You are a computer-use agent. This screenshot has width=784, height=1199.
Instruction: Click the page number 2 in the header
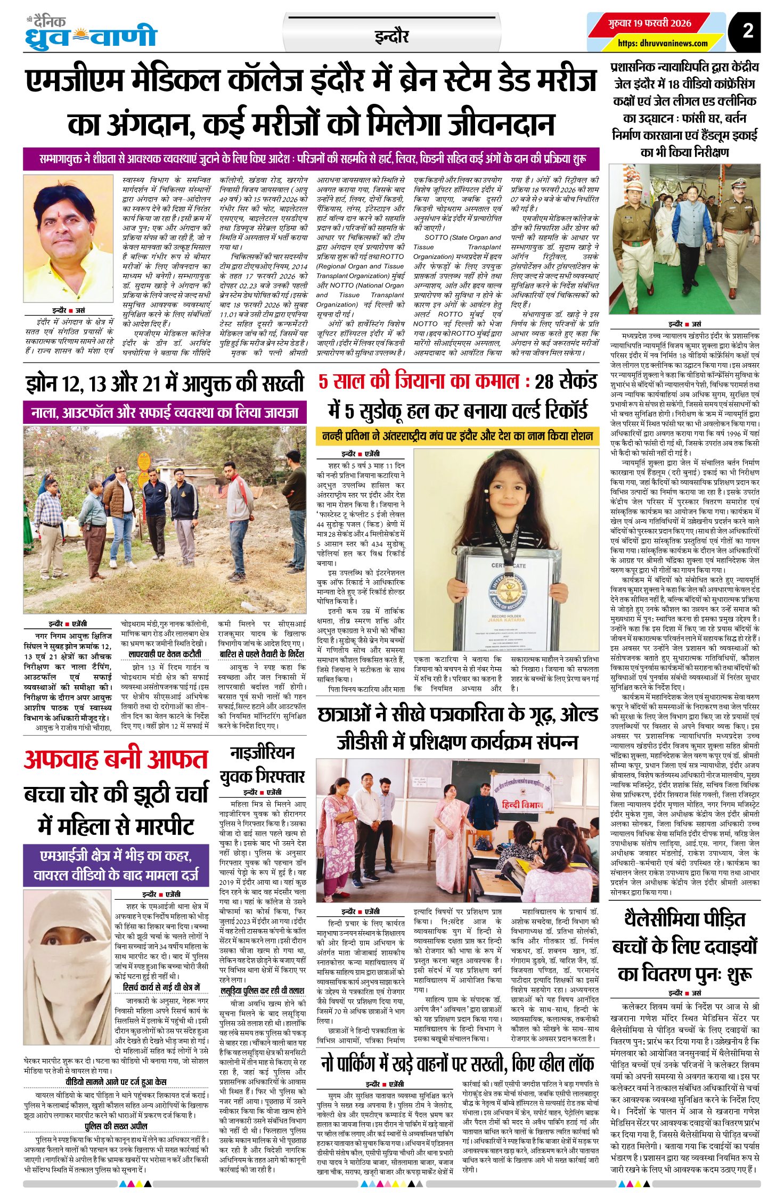[x=748, y=30]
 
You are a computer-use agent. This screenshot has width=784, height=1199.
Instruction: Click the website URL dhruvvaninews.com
[x=663, y=44]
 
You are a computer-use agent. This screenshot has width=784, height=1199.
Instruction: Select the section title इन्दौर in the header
[x=391, y=36]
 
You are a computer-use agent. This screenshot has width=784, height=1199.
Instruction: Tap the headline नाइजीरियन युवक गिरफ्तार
[x=263, y=764]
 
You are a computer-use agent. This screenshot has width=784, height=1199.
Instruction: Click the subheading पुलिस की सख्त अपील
[x=116, y=1126]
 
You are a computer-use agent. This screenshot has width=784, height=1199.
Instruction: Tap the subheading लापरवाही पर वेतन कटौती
[x=165, y=654]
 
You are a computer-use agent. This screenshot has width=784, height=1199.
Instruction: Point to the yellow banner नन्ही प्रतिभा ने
[x=457, y=436]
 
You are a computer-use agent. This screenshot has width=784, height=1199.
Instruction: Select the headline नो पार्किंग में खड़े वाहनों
[x=457, y=1063]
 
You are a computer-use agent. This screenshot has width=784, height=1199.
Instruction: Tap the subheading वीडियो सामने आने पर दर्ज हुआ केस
[x=116, y=1081]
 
